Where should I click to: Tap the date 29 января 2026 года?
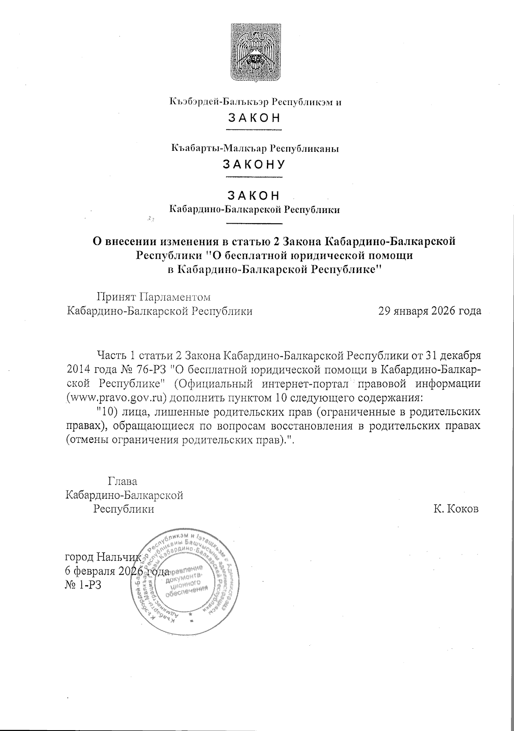pyautogui.click(x=429, y=312)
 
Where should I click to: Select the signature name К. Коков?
pyautogui.click(x=456, y=509)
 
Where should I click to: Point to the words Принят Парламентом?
pyautogui.click(x=154, y=297)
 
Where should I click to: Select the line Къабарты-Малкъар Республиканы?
pyautogui.click(x=254, y=148)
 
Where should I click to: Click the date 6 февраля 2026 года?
pyautogui.click(x=116, y=571)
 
